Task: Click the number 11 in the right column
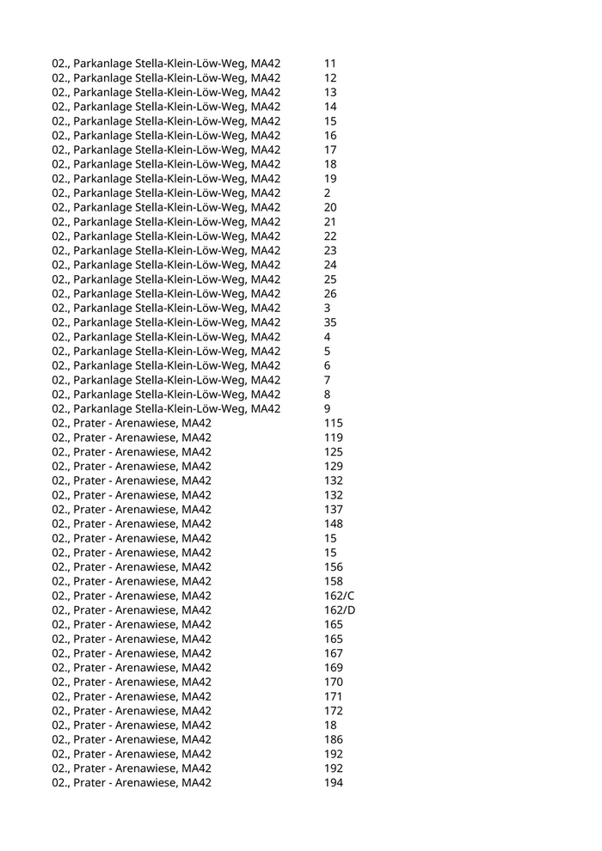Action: coord(330,64)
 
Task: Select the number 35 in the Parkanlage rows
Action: coord(330,322)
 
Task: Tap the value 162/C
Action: coord(339,596)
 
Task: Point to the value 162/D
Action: coord(340,610)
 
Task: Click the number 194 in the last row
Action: coord(334,783)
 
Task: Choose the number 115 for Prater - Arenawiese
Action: coord(334,423)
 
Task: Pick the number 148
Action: coord(334,523)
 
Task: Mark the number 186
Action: coord(334,739)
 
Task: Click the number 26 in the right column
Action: coord(330,294)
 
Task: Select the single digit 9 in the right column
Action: coord(328,409)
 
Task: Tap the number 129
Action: coord(334,466)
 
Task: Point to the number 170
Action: coord(334,682)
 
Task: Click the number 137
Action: coord(334,510)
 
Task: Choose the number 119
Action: coord(334,438)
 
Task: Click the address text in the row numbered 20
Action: coord(166,207)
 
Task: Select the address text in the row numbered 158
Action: coord(132,581)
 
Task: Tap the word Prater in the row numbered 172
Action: coord(89,711)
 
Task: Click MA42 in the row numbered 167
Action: coord(196,653)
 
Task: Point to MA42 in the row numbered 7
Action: coord(266,380)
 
